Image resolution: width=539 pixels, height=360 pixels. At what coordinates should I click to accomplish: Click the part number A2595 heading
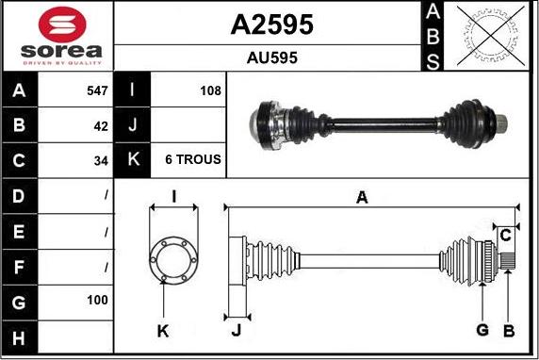click(272, 25)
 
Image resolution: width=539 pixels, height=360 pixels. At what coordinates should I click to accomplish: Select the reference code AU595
click(272, 57)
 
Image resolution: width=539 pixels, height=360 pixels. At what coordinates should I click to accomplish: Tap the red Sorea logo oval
click(62, 25)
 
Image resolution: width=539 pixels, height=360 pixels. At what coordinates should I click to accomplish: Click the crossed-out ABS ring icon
click(491, 36)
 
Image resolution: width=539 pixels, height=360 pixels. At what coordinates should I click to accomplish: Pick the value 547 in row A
click(98, 90)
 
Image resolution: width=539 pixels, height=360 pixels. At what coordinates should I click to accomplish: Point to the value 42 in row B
click(101, 126)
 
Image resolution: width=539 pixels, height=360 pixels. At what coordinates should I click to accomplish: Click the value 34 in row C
click(101, 161)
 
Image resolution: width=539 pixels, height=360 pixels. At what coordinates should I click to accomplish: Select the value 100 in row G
click(98, 301)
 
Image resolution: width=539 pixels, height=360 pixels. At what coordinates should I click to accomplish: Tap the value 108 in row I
click(210, 90)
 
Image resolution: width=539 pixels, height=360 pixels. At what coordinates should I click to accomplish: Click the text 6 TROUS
click(193, 159)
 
